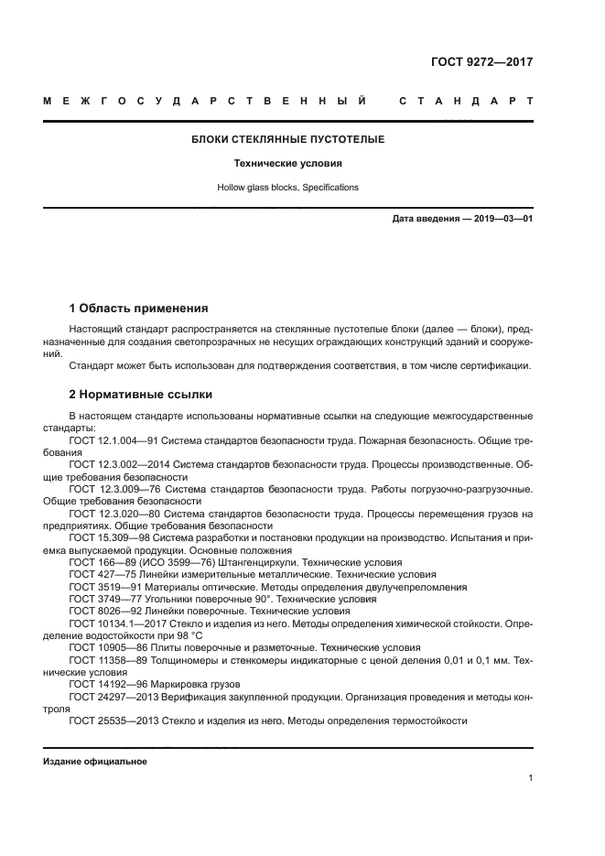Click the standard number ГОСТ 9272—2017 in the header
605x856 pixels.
pyautogui.click(x=482, y=62)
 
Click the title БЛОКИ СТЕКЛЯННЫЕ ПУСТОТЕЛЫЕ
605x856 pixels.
pyautogui.click(x=287, y=140)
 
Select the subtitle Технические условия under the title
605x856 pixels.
pyautogui.click(x=287, y=164)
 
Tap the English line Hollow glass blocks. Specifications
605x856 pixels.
pyautogui.click(x=287, y=187)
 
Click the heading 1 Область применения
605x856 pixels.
pyautogui.click(x=138, y=308)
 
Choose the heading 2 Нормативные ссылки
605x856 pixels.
pyautogui.click(x=141, y=395)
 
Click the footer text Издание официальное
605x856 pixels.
pyautogui.click(x=95, y=762)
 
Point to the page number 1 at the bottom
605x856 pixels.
pyautogui.click(x=531, y=778)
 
